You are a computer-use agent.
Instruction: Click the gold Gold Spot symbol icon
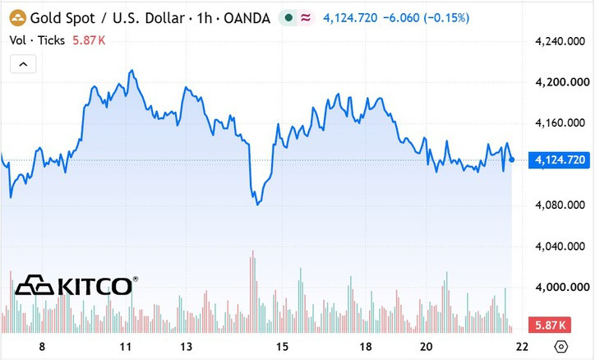point(17,18)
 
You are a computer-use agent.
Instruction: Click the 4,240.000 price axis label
point(560,41)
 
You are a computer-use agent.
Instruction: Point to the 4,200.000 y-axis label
point(561,82)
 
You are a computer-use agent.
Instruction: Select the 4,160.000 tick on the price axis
point(560,122)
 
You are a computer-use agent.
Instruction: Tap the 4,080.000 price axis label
point(560,205)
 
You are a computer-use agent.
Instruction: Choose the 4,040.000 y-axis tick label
point(560,246)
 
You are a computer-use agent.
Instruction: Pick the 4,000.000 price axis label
point(561,287)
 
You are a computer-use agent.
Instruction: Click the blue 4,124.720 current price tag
point(559,159)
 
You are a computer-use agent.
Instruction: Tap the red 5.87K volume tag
point(550,325)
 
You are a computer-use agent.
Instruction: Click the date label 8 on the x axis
point(42,347)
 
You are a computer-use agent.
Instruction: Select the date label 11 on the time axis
point(126,347)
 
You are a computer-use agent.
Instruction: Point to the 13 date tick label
point(186,347)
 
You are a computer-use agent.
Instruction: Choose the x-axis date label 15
point(282,347)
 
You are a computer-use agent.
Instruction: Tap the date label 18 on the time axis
point(366,347)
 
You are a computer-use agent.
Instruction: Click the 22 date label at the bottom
point(522,347)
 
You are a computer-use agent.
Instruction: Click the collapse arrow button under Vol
point(23,64)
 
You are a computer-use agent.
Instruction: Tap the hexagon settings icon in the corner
point(561,347)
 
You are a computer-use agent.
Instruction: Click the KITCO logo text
point(95,286)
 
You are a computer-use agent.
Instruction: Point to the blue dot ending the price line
point(511,159)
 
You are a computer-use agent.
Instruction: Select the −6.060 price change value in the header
point(401,18)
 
